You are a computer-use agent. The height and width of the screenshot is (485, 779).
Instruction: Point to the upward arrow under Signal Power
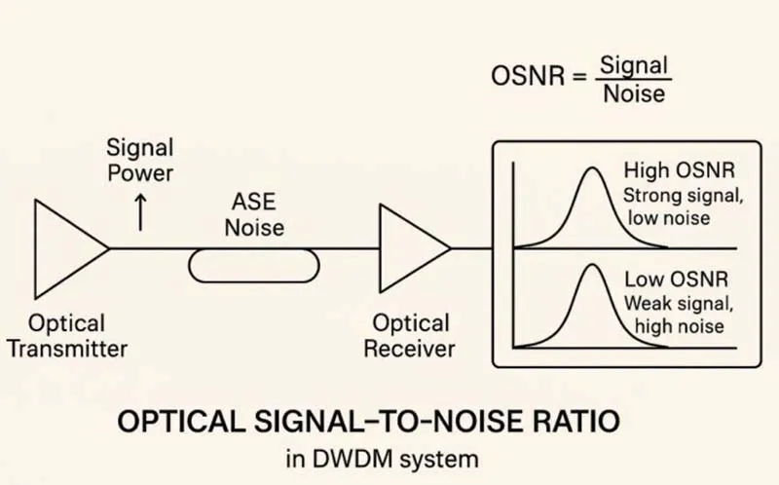[141, 211]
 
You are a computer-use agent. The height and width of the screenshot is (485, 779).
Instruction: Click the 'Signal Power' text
[140, 161]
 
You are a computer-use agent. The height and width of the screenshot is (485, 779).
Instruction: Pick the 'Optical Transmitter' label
[67, 334]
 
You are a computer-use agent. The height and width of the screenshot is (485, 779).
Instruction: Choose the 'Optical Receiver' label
[409, 334]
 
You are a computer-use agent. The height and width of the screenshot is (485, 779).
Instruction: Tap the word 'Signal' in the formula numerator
[634, 65]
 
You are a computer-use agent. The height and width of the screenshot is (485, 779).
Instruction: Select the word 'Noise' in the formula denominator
[634, 93]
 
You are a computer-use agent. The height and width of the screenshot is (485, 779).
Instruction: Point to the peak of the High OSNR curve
[588, 168]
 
